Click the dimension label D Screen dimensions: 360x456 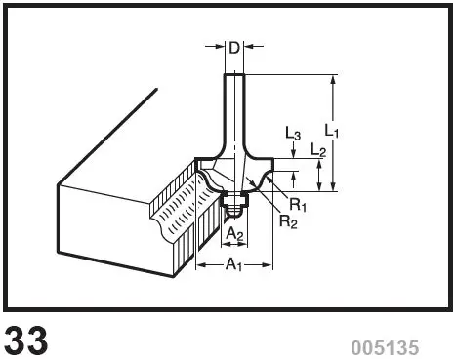(234, 46)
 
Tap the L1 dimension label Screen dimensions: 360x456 (331, 128)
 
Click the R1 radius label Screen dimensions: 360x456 (298, 205)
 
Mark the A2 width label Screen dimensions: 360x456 (233, 234)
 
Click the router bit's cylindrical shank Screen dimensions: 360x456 (234, 107)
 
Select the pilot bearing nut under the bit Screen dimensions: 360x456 (234, 201)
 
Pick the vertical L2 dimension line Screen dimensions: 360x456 (319, 176)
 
